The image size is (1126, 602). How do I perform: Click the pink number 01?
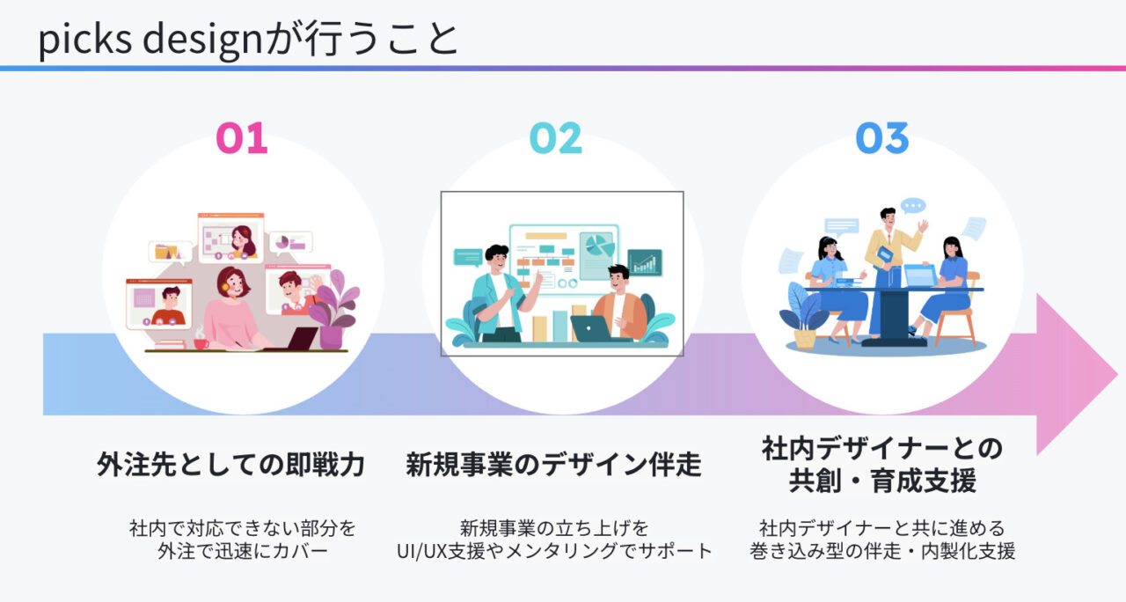[242, 139]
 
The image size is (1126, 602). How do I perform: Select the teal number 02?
[555, 139]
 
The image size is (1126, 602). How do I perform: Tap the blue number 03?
[882, 139]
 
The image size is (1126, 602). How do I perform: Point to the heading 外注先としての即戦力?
[230, 464]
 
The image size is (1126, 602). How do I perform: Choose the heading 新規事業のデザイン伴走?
[553, 464]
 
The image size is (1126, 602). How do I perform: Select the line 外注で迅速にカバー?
[242, 552]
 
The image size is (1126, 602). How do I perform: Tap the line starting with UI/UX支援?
[554, 552]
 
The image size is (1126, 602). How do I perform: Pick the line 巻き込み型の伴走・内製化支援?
[882, 552]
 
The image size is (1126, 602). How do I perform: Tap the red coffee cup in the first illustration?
[201, 341]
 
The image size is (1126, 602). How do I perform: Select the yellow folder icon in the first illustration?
[166, 252]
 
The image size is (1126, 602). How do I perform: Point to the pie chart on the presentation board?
[597, 245]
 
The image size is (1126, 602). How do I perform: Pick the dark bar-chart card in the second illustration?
[645, 262]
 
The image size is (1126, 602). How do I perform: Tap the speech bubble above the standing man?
[913, 206]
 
